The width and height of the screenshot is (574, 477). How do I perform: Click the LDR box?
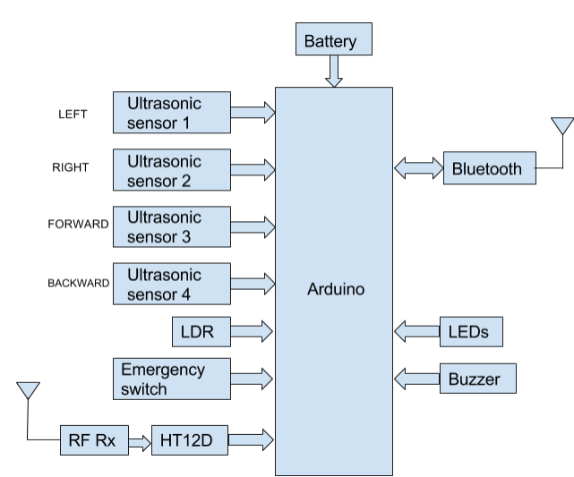click(198, 332)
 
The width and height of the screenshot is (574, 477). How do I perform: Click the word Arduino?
click(334, 290)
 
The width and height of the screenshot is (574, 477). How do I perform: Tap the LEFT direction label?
click(72, 115)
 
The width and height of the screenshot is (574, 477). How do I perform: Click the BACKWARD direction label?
click(78, 283)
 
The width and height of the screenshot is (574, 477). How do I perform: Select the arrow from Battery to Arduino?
click(334, 72)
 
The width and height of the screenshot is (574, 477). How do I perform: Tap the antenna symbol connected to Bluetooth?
click(561, 127)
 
